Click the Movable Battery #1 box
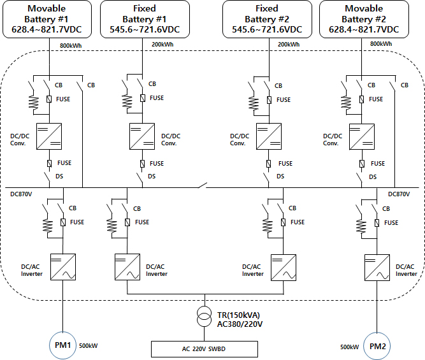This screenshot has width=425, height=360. coord(49,19)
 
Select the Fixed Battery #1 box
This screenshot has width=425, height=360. coord(144,19)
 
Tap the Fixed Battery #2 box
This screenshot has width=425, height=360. coord(266,19)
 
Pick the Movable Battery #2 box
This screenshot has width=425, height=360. coord(364,19)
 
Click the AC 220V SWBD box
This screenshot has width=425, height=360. coord(204,349)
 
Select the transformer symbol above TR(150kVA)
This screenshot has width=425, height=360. coord(205,317)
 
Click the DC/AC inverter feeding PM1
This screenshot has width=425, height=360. coord(63,266)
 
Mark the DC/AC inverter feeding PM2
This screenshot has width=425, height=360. coord(377,266)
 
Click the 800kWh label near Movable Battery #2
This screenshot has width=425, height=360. coord(381,45)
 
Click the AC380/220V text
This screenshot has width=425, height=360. coord(239,324)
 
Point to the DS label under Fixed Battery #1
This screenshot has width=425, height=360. coord(152,176)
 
